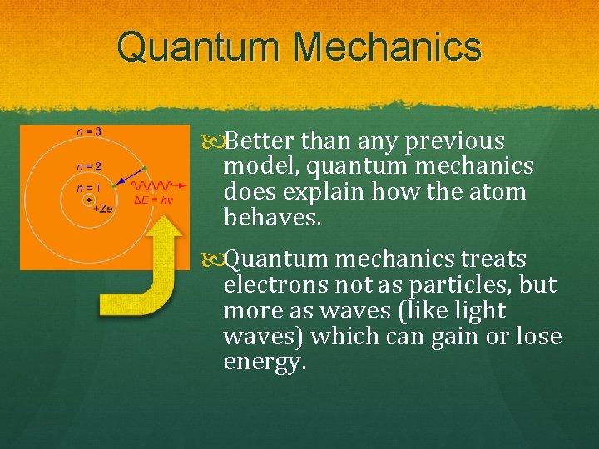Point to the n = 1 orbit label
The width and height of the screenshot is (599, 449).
87,189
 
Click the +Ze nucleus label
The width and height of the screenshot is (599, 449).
102,208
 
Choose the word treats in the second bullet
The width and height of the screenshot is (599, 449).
494,259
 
